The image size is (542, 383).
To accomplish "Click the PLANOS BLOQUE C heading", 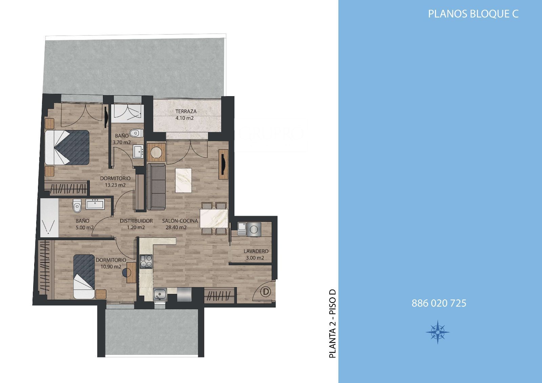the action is [x=473, y=14].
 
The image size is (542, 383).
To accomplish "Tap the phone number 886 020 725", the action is [x=439, y=303].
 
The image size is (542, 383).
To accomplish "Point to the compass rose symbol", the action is [x=437, y=332].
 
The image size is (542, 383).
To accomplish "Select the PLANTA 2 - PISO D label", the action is [x=333, y=323].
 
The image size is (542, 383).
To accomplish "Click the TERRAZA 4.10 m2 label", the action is [x=186, y=115].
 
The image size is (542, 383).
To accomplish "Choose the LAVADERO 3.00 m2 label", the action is [x=256, y=254].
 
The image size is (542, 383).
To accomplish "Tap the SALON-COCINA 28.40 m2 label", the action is [x=180, y=224].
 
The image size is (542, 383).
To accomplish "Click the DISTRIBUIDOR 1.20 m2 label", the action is [x=136, y=224].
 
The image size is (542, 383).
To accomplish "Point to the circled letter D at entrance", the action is [x=266, y=292].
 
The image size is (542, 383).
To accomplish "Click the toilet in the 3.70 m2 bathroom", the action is [x=137, y=133].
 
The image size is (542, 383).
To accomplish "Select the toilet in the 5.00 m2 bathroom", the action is [x=77, y=206].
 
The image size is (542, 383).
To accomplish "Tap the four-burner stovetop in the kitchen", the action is [x=146, y=261].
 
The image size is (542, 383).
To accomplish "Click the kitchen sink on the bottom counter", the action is [x=160, y=295].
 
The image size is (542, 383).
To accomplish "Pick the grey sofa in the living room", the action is [x=156, y=187].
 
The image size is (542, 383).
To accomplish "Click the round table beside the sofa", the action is [x=156, y=152].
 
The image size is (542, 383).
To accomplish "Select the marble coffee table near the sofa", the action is [x=183, y=180].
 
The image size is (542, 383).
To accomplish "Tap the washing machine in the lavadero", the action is [x=254, y=229].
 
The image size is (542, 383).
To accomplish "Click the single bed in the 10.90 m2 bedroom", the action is [x=84, y=277].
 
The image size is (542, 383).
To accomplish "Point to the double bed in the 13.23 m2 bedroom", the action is [x=67, y=147].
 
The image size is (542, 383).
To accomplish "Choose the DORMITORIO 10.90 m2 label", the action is [x=111, y=263].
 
